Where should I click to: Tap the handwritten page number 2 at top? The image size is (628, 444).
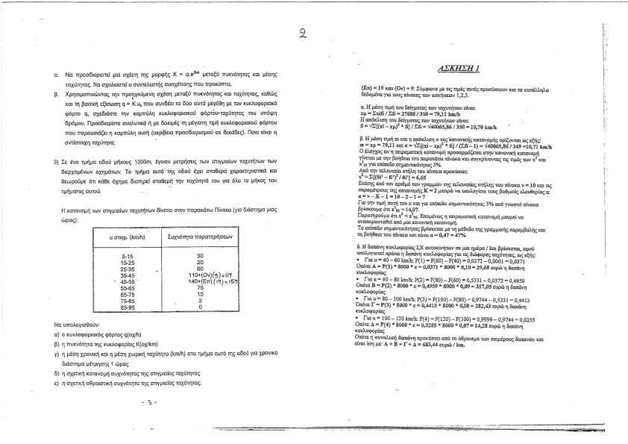point(303,32)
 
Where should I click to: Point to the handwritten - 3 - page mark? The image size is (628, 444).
point(147,402)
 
